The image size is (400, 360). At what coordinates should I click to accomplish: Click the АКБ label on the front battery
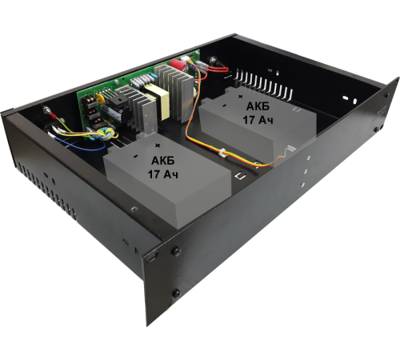click(x=163, y=161)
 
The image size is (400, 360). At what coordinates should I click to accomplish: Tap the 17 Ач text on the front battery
click(x=163, y=174)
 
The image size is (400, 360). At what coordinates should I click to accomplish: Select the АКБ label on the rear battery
click(x=258, y=106)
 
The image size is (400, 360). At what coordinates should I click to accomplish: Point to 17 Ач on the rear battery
click(x=258, y=120)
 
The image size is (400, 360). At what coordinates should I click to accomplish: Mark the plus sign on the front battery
click(x=158, y=146)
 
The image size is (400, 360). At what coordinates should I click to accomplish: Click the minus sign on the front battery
click(x=135, y=156)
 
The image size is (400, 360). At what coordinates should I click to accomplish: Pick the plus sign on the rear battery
click(x=241, y=96)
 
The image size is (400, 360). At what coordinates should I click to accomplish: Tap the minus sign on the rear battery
click(x=224, y=106)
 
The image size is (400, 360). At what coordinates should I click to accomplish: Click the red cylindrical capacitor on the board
click(x=178, y=65)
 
